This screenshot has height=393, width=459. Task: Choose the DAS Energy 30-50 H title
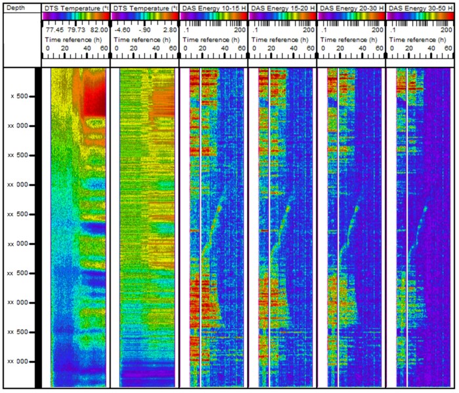point(419,7)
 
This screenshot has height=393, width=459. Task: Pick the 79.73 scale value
point(76,30)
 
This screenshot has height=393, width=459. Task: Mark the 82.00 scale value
point(98,30)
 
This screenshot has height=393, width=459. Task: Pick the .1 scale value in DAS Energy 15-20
point(256,30)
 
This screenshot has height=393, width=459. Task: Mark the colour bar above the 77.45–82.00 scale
point(75,15)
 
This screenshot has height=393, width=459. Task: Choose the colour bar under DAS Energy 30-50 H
point(419,15)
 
